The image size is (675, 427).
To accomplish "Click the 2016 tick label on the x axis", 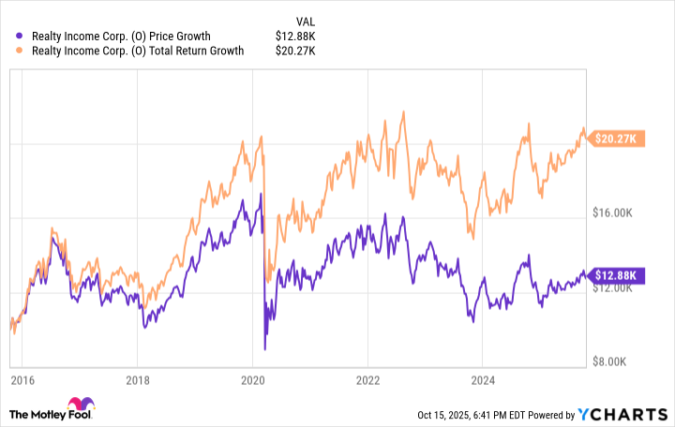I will [x=22, y=381].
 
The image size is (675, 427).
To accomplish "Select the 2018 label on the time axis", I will [x=137, y=381].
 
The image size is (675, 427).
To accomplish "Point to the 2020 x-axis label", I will [x=252, y=381].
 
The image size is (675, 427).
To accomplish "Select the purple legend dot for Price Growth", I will [x=21, y=37].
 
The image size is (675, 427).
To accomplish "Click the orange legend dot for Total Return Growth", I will [x=21, y=51].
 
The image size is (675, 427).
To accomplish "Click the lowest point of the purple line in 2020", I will [x=264, y=349].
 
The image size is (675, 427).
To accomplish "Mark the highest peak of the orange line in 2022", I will [x=402, y=112].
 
